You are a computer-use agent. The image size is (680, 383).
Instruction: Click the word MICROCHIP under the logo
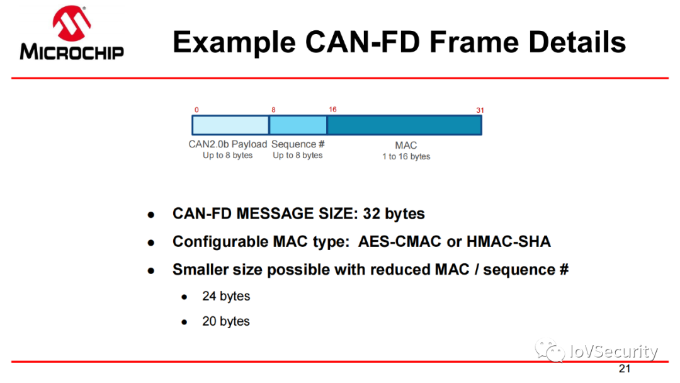click(x=71, y=51)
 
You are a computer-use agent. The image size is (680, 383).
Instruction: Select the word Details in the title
click(x=577, y=43)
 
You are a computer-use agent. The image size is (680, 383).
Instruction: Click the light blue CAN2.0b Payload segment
click(x=230, y=125)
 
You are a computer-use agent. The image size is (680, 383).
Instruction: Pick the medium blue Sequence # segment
click(x=298, y=125)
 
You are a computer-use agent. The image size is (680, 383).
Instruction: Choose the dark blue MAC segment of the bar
click(x=404, y=125)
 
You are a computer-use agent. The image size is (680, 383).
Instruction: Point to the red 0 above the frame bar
click(x=196, y=110)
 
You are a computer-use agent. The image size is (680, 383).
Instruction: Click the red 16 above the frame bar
click(x=332, y=110)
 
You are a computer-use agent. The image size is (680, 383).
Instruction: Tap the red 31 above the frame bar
click(x=480, y=110)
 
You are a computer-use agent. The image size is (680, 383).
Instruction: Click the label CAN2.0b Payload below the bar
click(x=228, y=144)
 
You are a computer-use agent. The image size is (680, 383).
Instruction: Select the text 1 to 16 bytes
click(x=406, y=156)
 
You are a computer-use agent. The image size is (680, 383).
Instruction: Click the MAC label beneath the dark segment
click(x=406, y=146)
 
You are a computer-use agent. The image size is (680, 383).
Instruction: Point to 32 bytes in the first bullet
click(x=394, y=214)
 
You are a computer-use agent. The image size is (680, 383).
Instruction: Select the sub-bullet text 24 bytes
click(x=226, y=296)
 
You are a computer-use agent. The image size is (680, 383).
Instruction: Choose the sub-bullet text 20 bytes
click(x=226, y=321)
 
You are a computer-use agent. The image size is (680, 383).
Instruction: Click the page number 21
click(x=625, y=369)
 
